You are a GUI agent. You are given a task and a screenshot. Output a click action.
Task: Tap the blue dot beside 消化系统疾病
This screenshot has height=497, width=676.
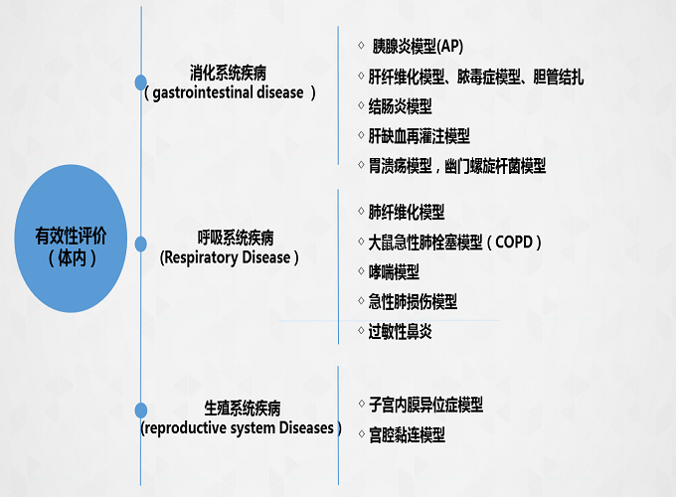pyautogui.click(x=140, y=83)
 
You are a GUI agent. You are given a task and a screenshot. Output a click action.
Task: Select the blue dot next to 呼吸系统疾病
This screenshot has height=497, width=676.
pyautogui.click(x=140, y=244)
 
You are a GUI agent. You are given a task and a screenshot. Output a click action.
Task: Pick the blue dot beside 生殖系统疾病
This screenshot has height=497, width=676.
pyautogui.click(x=140, y=410)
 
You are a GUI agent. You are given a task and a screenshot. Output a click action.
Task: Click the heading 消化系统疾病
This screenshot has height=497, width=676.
pyautogui.click(x=229, y=74)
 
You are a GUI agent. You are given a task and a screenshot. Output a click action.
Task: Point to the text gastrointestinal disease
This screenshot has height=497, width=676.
pyautogui.click(x=230, y=92)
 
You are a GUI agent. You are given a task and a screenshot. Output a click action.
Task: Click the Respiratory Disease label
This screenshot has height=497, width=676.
pyautogui.click(x=229, y=257)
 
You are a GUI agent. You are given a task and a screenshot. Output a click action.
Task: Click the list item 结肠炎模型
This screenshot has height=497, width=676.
pyautogui.click(x=401, y=105)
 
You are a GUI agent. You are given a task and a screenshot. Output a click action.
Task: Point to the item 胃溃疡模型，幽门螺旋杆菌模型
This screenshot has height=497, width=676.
pyautogui.click(x=456, y=166)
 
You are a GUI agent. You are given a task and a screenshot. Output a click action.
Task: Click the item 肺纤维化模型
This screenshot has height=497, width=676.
pyautogui.click(x=407, y=212)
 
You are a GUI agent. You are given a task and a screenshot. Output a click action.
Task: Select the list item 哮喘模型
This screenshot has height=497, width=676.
pyautogui.click(x=394, y=271)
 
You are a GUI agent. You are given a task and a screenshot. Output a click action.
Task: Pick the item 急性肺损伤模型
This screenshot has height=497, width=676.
pyautogui.click(x=413, y=301)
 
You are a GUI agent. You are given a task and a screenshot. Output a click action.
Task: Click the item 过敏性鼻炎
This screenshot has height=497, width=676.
pyautogui.click(x=400, y=331)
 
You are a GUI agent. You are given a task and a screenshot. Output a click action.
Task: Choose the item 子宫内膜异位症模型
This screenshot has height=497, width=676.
pyautogui.click(x=425, y=405)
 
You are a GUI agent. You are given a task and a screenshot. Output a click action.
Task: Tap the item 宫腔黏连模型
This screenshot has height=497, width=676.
pyautogui.click(x=407, y=434)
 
